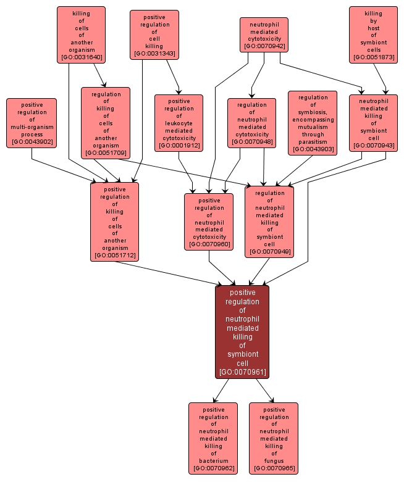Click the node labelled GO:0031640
[x=81, y=35]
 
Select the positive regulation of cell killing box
[x=154, y=35]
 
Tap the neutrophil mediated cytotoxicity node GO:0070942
[x=264, y=35]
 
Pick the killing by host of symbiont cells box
[x=373, y=35]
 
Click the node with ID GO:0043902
[x=32, y=123]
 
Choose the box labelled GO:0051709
[x=106, y=123]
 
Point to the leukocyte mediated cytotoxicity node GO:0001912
[x=179, y=123]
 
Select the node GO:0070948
[x=251, y=123]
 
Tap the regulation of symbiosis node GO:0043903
[x=313, y=123]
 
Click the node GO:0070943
[x=373, y=123]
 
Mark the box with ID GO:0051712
[x=114, y=222]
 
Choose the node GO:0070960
[x=209, y=222]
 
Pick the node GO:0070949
[x=269, y=222]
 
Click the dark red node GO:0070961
[x=242, y=331]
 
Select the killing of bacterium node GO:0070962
[x=213, y=438]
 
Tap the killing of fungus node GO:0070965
[x=274, y=438]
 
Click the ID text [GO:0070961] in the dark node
[x=242, y=372]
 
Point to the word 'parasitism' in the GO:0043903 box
[x=313, y=141]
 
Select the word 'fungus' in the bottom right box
[x=274, y=460]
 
